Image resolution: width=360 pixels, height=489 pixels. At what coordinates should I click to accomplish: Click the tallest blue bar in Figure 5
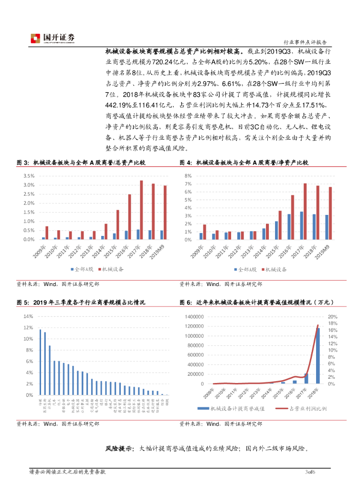(x=40, y=362)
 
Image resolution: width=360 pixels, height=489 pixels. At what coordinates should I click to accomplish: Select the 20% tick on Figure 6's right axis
(x=332, y=316)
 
